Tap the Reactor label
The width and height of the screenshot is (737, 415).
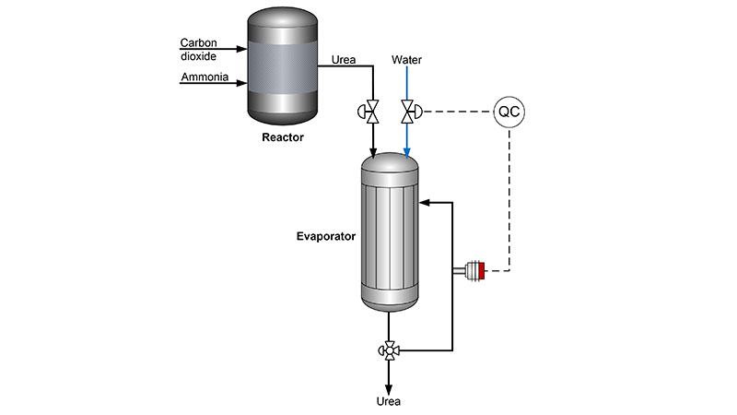pyautogui.click(x=281, y=137)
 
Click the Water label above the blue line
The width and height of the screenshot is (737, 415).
pyautogui.click(x=406, y=60)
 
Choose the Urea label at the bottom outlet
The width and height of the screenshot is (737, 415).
pyautogui.click(x=389, y=402)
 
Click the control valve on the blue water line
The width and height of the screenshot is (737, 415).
pyautogui.click(x=406, y=113)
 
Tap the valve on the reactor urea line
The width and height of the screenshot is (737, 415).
pyautogui.click(x=372, y=113)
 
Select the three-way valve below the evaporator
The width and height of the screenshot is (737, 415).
pyautogui.click(x=389, y=350)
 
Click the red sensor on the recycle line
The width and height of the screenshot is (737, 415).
pyautogui.click(x=481, y=271)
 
